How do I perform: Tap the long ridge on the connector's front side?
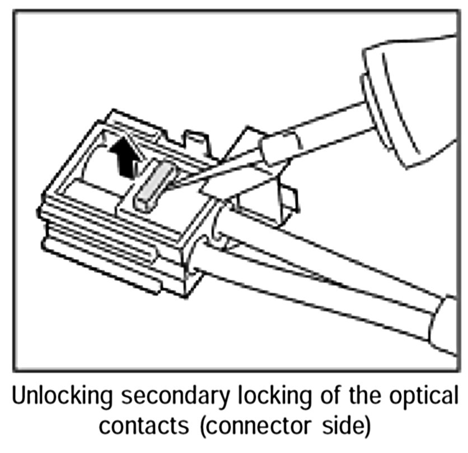(101, 247)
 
